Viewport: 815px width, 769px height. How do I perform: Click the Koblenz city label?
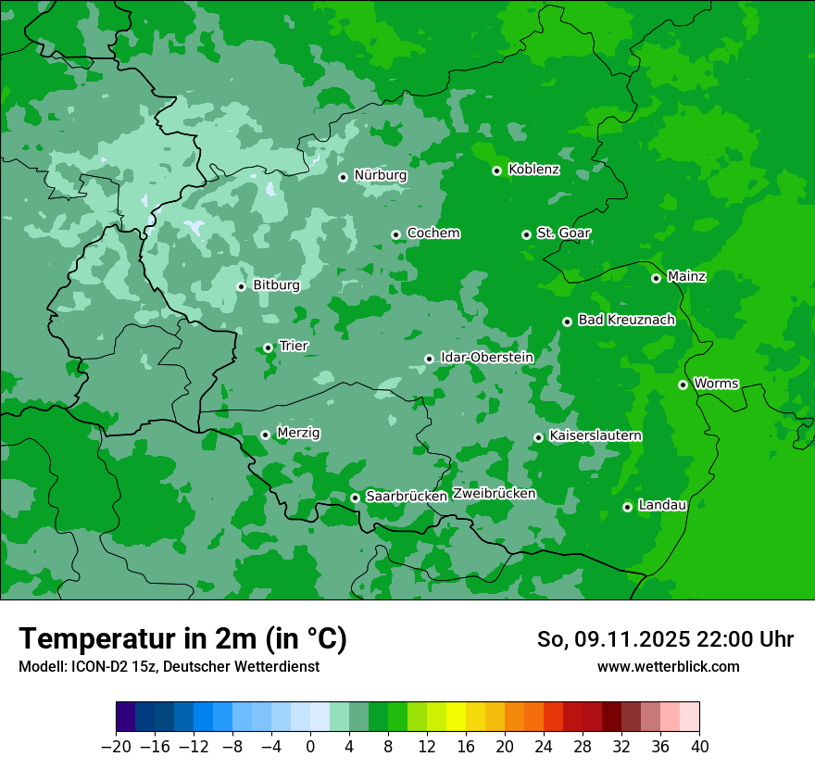coord(533,170)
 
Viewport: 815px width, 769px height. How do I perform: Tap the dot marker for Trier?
coord(268,348)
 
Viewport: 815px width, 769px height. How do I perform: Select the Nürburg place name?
coord(380,175)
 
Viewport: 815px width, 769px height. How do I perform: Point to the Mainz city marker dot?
coord(656,278)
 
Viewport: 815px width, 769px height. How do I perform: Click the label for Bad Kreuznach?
coord(626,320)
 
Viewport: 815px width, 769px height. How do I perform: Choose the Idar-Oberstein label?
coord(486,357)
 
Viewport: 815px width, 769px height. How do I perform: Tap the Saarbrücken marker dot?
coord(355,498)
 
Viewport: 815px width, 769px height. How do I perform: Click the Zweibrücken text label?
coord(494,494)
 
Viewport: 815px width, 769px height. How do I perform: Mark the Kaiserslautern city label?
coord(596,435)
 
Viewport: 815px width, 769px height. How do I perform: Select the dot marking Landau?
coord(627,507)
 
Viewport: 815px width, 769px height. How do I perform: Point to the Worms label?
coord(716,383)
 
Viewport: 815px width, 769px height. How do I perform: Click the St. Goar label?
coord(563,233)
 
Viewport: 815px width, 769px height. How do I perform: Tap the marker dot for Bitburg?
coord(241,286)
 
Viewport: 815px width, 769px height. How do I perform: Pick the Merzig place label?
coord(298,433)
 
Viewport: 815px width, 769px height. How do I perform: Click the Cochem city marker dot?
coord(395,234)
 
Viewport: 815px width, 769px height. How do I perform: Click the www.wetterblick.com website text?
coord(668,667)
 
